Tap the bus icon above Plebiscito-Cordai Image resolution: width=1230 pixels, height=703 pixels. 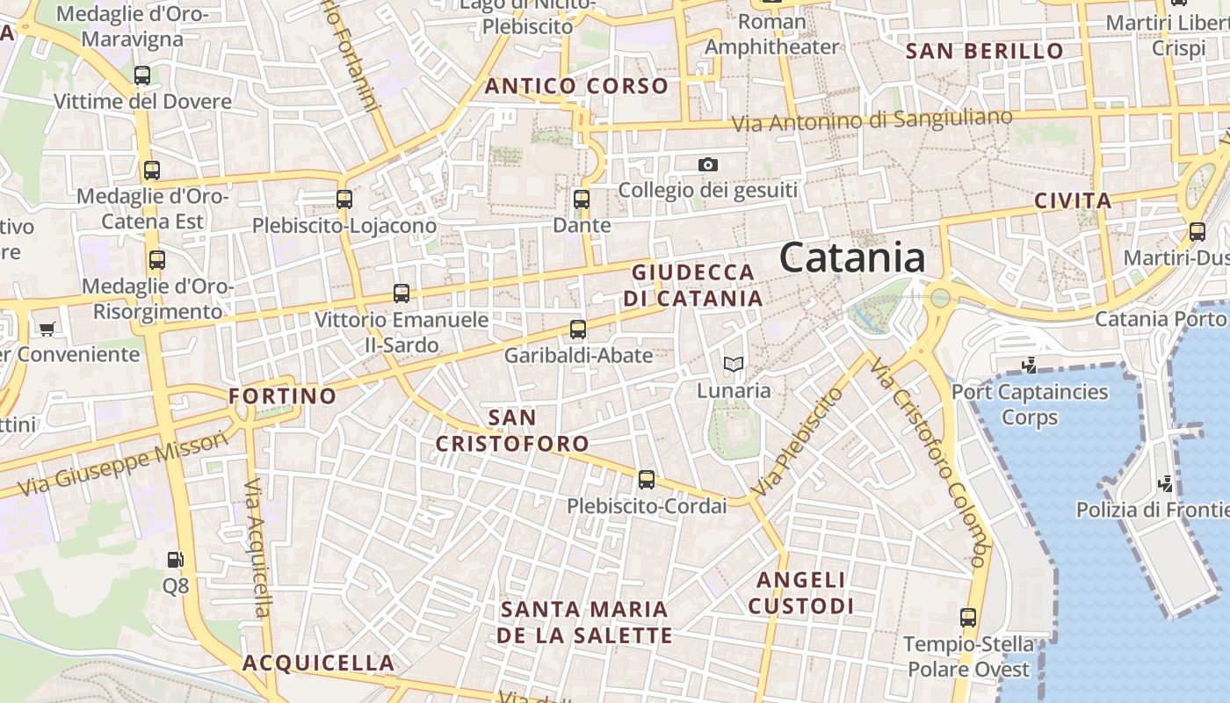pyautogui.click(x=647, y=480)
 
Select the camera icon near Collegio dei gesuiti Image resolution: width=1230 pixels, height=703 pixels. pyautogui.click(x=707, y=164)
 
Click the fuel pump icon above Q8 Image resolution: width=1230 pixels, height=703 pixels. pyautogui.click(x=175, y=559)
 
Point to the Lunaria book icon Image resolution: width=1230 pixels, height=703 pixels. pyautogui.click(x=733, y=364)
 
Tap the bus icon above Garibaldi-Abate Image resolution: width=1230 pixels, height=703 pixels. pyautogui.click(x=577, y=330)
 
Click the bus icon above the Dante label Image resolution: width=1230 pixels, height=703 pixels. pyautogui.click(x=581, y=199)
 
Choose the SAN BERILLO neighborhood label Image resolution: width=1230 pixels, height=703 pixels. pyautogui.click(x=984, y=51)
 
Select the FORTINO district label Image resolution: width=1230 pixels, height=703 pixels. pyautogui.click(x=283, y=396)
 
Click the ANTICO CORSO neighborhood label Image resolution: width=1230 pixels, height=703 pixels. pyautogui.click(x=576, y=86)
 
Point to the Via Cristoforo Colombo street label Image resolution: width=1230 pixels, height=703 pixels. pyautogui.click(x=932, y=461)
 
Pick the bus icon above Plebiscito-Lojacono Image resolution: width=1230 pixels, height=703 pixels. pyautogui.click(x=344, y=199)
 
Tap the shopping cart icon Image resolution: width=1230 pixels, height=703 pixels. pyautogui.click(x=47, y=329)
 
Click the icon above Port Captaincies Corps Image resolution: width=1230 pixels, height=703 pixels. pyautogui.click(x=1029, y=365)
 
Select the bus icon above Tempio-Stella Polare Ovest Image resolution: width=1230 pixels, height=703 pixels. pyautogui.click(x=968, y=618)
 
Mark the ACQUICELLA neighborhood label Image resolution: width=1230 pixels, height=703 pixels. pyautogui.click(x=318, y=663)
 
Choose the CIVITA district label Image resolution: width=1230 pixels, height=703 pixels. pyautogui.click(x=1073, y=200)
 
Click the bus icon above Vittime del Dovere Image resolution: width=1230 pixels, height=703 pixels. pyautogui.click(x=142, y=76)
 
